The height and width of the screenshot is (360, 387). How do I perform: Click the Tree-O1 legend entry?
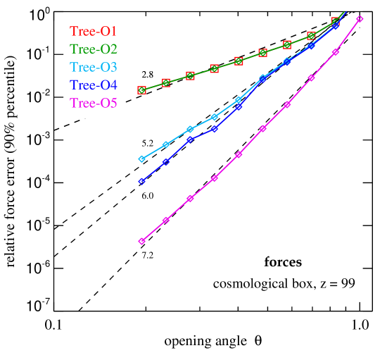(93, 31)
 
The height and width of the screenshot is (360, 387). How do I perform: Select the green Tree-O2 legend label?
(93, 49)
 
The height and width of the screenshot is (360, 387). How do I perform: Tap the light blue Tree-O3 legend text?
(93, 68)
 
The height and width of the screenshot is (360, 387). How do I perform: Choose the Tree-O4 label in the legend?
(93, 86)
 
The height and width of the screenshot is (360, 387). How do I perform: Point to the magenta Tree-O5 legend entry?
(93, 104)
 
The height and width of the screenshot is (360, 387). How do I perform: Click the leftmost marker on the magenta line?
(141, 241)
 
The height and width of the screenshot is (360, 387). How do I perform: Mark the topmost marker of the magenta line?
(360, 19)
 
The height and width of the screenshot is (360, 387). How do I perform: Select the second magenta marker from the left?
(166, 221)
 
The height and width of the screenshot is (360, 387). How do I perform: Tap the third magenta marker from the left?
(190, 199)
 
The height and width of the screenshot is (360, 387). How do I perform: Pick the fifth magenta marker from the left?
(239, 154)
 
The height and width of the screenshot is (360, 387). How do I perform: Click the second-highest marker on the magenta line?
(336, 52)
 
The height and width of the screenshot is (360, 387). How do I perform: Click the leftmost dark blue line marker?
(141, 182)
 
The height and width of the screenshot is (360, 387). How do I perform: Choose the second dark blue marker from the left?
(166, 162)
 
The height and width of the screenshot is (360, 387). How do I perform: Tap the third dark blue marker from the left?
(190, 139)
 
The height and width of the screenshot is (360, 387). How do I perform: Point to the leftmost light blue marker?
(141, 159)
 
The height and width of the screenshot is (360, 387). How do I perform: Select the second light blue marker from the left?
(166, 144)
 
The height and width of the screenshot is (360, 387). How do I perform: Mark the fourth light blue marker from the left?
(215, 117)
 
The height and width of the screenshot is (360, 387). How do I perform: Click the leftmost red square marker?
(141, 90)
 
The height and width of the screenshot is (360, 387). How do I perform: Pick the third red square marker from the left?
(190, 75)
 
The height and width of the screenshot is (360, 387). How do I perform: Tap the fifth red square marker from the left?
(239, 61)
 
